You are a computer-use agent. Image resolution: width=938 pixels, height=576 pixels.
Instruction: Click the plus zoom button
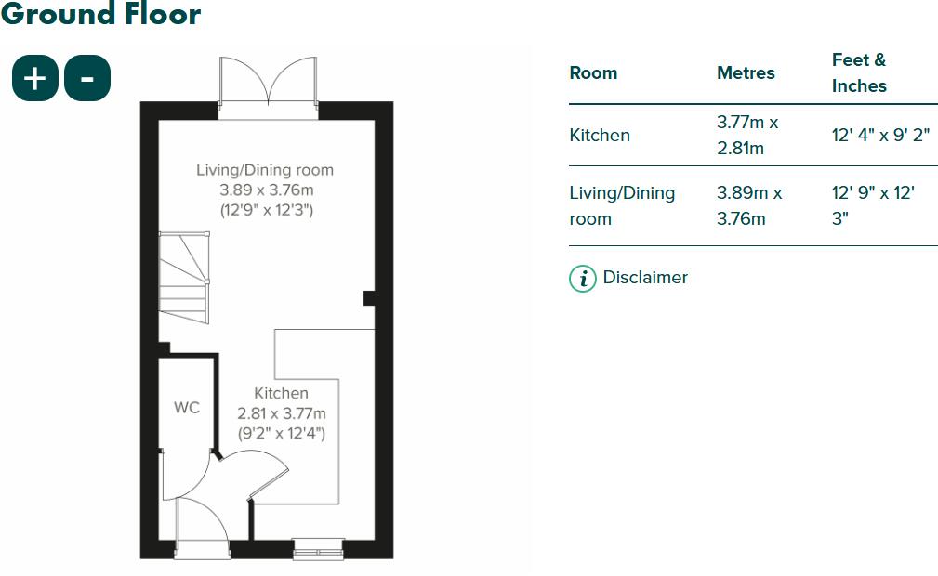35,78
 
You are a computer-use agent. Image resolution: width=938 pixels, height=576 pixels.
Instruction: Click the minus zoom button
87,78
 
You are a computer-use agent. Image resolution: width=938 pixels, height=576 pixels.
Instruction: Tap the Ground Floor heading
100,14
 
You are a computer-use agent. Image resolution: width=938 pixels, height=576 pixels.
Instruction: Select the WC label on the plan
187,408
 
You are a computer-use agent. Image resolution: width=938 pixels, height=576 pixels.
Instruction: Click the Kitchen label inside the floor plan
281,393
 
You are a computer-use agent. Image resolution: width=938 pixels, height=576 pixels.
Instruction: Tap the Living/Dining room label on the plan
265,170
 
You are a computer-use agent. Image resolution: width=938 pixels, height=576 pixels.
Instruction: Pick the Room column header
593,72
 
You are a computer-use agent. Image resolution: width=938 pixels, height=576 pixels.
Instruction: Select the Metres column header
746,72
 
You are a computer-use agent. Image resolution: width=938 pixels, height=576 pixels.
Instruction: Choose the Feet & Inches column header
859,72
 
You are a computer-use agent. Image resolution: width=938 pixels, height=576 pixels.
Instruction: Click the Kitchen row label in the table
600,135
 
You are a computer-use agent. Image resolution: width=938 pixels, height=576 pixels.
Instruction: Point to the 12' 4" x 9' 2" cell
880,135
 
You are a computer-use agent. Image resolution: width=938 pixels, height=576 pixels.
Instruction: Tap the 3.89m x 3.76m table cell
749,205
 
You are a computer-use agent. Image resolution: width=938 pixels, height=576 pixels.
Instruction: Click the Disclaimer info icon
582,278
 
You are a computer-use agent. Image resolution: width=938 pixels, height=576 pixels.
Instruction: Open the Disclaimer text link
645,277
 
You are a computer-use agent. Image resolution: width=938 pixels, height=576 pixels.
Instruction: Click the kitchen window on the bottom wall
318,549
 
